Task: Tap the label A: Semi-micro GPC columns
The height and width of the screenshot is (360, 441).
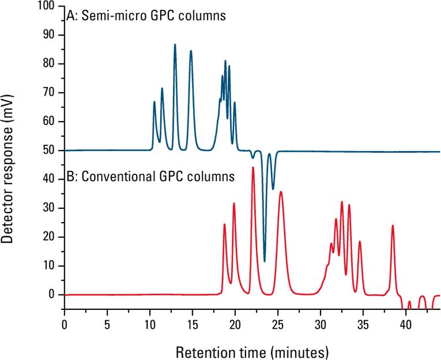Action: (146, 16)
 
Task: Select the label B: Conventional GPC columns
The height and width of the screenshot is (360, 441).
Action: (150, 176)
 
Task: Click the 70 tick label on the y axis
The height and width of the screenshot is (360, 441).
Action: (50, 93)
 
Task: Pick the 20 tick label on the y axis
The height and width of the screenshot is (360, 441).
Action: (50, 237)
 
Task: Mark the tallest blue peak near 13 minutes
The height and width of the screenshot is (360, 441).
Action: (175, 44)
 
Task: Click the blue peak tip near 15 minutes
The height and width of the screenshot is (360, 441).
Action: (191, 51)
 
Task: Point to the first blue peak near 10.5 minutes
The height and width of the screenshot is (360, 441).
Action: (154, 102)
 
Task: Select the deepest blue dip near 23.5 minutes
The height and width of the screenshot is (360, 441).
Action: (265, 261)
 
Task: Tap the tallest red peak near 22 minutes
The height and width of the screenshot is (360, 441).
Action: (252, 167)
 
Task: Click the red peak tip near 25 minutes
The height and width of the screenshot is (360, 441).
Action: (281, 192)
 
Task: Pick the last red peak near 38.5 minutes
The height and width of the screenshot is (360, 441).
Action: (393, 226)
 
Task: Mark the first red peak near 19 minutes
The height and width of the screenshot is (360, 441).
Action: (224, 224)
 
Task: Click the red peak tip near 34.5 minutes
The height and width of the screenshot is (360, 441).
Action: (360, 241)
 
